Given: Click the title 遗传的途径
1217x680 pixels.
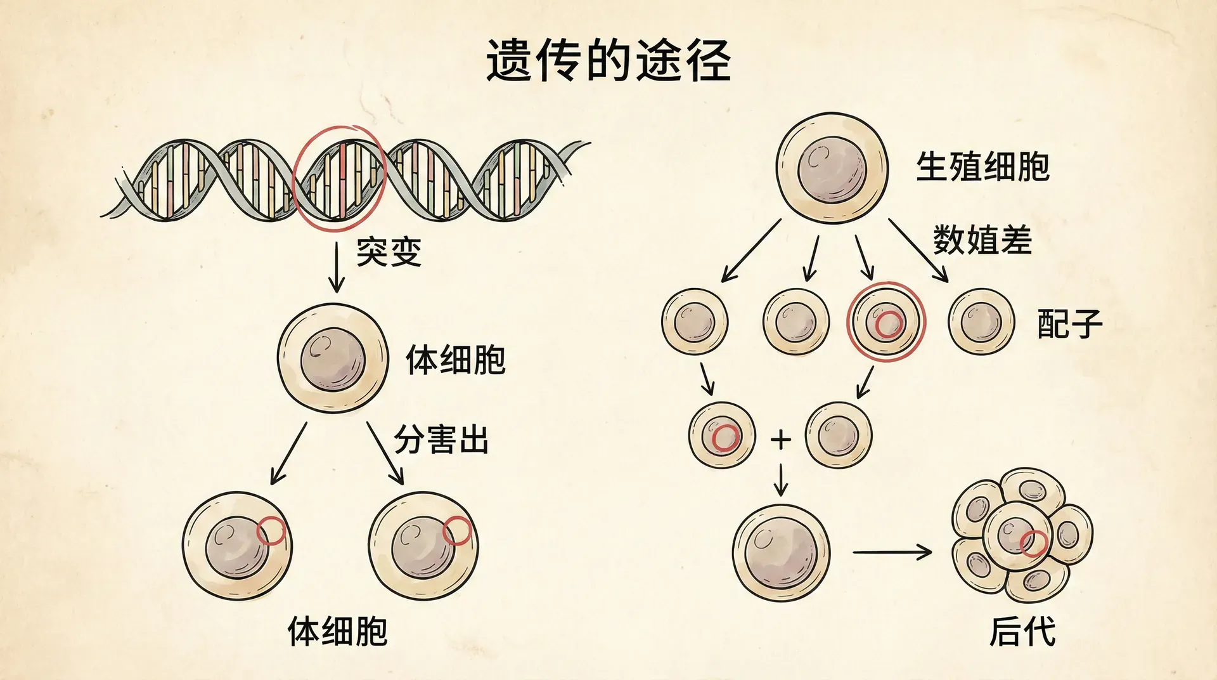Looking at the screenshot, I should pos(608,61).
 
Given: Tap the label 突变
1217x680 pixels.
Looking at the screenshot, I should pos(389,252).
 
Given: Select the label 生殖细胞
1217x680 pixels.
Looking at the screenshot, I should pos(982,167).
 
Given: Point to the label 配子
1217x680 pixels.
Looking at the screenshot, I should pos(1069,323).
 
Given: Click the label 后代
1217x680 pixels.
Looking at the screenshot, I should pos(1022,632).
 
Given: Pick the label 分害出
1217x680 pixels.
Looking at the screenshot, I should pos(441,440).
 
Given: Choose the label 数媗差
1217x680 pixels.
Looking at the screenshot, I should pos(982,240).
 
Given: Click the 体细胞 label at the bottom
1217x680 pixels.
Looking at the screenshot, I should pos(337,632).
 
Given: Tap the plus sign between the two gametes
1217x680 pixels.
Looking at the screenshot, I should pos(781,439).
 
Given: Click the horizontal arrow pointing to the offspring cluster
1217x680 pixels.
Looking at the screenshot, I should pos(892,552).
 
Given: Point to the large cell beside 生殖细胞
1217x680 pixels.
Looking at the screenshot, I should pos(832,168).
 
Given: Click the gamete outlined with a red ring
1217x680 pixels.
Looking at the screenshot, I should pos(886,322).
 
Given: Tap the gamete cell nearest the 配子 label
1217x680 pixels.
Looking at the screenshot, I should pos(981,322).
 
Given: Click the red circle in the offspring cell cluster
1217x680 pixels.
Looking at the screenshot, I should pos(1033,544).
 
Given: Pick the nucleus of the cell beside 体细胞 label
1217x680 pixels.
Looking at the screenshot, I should pos(333,359).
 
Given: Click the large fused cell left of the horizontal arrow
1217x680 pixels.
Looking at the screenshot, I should pos(781,552).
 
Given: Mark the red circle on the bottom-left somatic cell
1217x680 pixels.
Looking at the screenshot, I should pos(271,531).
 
